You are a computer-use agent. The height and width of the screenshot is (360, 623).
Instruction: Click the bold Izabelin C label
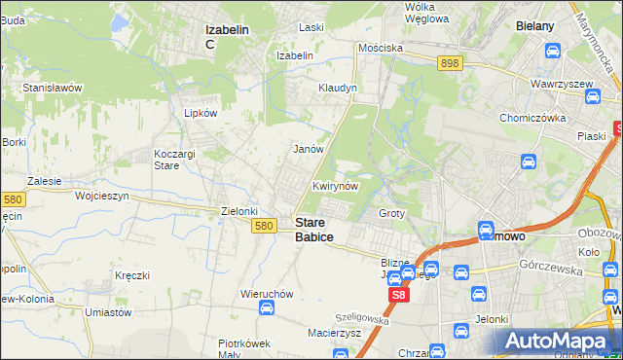[226, 36]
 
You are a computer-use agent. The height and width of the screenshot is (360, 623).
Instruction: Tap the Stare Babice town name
[313, 230]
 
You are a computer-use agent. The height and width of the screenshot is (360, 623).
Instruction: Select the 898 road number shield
[449, 63]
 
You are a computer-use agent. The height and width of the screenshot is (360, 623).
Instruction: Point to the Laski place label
[311, 27]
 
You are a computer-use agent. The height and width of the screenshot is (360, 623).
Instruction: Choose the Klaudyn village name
[338, 88]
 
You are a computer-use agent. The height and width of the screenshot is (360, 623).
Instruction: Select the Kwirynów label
[336, 185]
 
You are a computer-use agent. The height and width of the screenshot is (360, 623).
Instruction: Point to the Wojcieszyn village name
[102, 196]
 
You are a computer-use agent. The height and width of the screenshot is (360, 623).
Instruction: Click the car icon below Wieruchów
[266, 308]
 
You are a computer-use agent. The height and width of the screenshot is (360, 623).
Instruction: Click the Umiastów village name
[108, 312]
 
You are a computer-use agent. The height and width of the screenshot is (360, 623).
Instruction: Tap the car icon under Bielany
[553, 51]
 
